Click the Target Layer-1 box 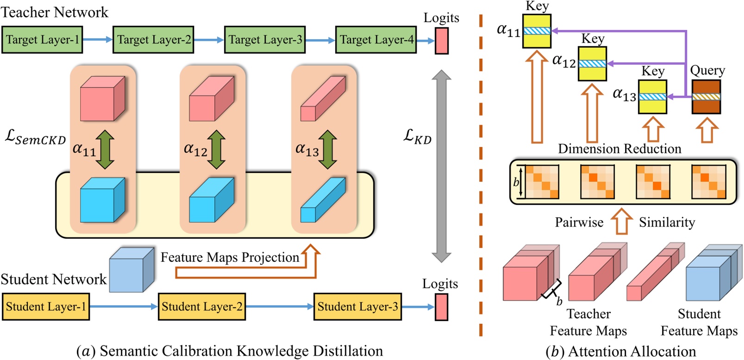[x=42, y=40]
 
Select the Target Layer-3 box [x=265, y=40]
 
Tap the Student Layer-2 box [x=202, y=307]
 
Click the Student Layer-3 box [x=357, y=307]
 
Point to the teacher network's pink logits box [x=442, y=41]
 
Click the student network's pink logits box [x=441, y=307]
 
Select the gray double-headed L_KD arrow [x=441, y=167]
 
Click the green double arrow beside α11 [x=105, y=149]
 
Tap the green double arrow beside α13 [x=328, y=149]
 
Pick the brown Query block [x=706, y=97]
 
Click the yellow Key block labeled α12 [x=593, y=64]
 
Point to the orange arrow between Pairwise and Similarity [x=621, y=222]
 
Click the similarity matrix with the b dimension [x=542, y=182]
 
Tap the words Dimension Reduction [x=619, y=149]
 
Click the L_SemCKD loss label [x=35, y=137]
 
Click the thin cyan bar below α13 [x=323, y=200]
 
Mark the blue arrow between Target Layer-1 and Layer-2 [x=98, y=40]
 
